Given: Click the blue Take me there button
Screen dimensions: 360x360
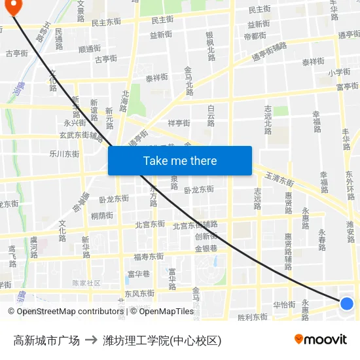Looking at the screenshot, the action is tap(180, 160).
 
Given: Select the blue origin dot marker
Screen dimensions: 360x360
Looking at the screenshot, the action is tap(347, 303).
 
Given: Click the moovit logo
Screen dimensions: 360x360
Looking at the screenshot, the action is tap(320, 339).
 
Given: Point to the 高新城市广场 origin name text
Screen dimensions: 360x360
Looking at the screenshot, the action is tap(46, 340).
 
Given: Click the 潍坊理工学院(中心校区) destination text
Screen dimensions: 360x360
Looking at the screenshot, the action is tap(162, 340).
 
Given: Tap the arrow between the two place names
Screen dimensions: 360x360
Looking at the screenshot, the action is tap(91, 340).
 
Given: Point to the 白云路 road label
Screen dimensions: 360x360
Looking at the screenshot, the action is tap(211, 115).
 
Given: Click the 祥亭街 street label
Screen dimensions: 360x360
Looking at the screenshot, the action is tap(179, 123).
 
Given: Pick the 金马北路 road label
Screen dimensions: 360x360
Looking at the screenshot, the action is tap(189, 81).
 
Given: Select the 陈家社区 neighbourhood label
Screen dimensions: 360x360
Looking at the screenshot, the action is tap(86, 283).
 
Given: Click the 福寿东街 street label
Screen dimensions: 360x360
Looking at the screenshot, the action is tap(148, 257).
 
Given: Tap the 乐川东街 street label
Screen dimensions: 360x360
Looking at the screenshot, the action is tap(64, 154).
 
